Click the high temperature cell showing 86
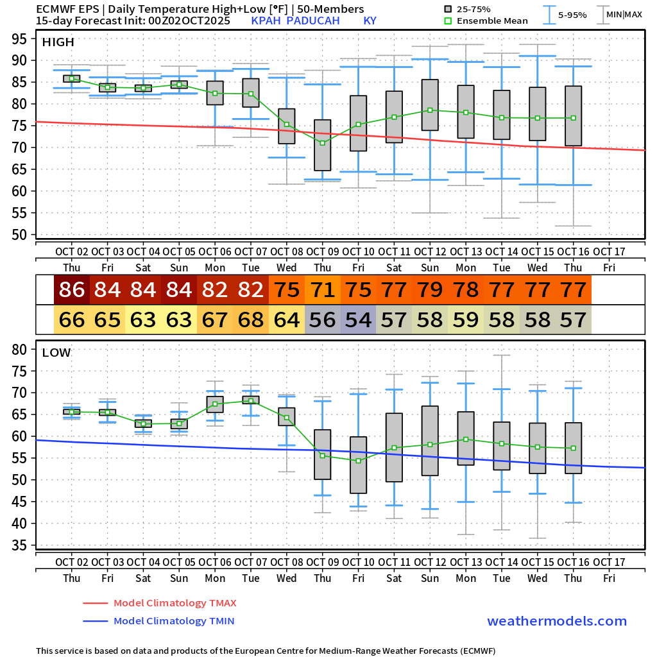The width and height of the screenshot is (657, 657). pyautogui.click(x=72, y=290)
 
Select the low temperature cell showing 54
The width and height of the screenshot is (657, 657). pyautogui.click(x=358, y=320)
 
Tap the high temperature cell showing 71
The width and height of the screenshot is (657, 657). pyautogui.click(x=323, y=290)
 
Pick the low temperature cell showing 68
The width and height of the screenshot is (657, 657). pyautogui.click(x=251, y=320)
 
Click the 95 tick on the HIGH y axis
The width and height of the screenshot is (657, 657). pyautogui.click(x=19, y=38)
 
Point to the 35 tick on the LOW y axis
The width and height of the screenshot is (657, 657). pyautogui.click(x=19, y=545)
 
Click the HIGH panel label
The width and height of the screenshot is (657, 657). pyautogui.click(x=58, y=42)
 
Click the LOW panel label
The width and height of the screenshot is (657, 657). pyautogui.click(x=56, y=353)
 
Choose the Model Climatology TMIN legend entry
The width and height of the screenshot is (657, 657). pyautogui.click(x=173, y=621)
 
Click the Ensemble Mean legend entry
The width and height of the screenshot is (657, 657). pyautogui.click(x=492, y=21)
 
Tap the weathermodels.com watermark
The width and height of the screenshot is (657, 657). pyautogui.click(x=557, y=621)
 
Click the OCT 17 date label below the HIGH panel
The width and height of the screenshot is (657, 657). pyautogui.click(x=609, y=250)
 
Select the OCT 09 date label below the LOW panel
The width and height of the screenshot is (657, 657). pyautogui.click(x=323, y=562)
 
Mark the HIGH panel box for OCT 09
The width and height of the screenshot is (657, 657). pyautogui.click(x=323, y=145)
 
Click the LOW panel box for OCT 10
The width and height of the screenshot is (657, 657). pyautogui.click(x=358, y=465)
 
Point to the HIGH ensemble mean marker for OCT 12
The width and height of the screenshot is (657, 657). pyautogui.click(x=430, y=110)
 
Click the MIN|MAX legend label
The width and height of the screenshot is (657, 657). pyautogui.click(x=624, y=14)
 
